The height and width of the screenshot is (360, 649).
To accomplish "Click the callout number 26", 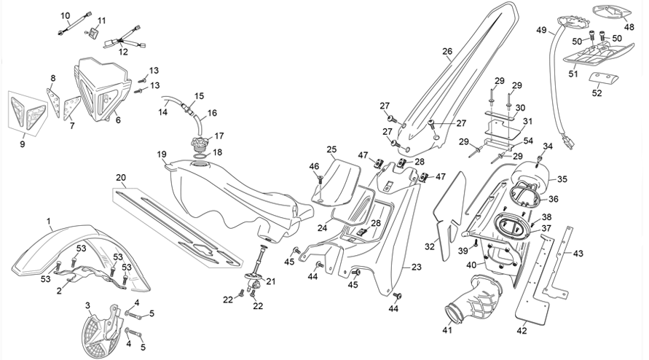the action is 447,52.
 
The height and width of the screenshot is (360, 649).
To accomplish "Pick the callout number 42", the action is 522,331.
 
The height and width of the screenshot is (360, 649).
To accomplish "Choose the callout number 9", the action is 23,144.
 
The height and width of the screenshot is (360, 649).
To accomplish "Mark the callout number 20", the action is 120,178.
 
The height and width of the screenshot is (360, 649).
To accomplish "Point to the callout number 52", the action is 597,93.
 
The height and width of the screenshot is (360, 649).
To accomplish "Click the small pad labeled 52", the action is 603,77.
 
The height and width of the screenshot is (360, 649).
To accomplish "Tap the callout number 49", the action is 541,30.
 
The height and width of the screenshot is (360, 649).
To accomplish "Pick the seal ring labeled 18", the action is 200,155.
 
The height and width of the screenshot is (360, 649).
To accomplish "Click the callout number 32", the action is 430,246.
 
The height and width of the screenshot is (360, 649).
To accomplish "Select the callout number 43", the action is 578,253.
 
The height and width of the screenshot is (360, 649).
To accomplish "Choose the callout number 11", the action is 102,20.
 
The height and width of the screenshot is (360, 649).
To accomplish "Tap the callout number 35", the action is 562,179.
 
